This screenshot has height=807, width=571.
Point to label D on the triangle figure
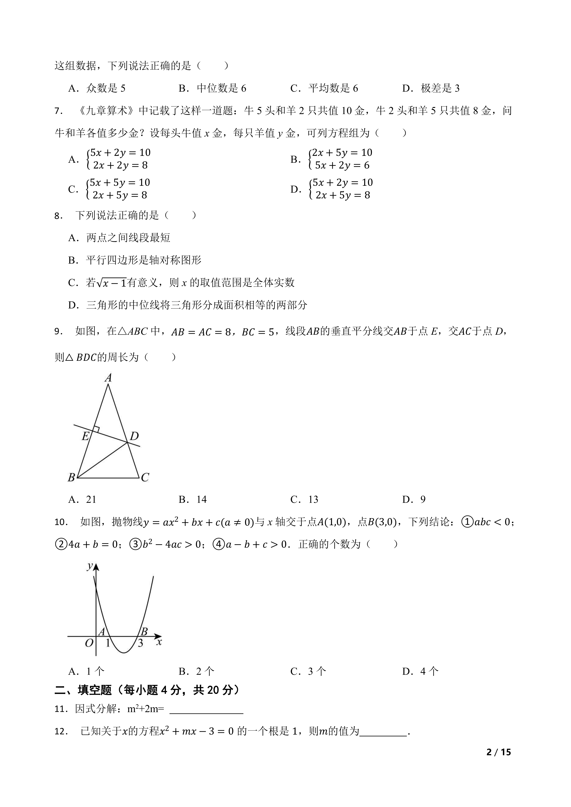(134, 436)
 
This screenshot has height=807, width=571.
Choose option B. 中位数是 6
(212, 88)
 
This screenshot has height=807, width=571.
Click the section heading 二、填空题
(83, 690)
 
